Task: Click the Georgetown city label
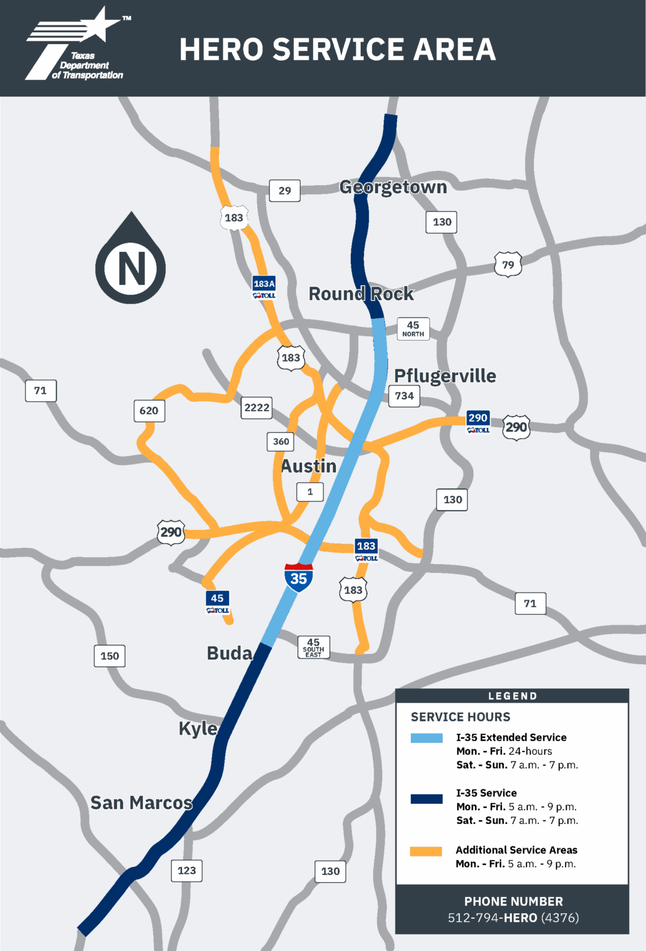(x=393, y=187)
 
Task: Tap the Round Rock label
(x=361, y=293)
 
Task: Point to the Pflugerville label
(x=445, y=376)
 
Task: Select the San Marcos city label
(x=141, y=803)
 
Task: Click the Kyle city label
(x=198, y=729)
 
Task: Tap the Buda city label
(x=230, y=653)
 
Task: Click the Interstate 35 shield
(x=299, y=578)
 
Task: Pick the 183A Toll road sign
(x=264, y=287)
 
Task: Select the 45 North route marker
(x=413, y=328)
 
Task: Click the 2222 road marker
(x=257, y=407)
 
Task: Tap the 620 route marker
(x=149, y=410)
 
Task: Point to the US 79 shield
(x=508, y=264)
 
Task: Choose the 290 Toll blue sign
(x=478, y=422)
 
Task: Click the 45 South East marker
(x=314, y=648)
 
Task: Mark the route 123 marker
(x=187, y=871)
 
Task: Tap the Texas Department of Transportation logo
(x=77, y=46)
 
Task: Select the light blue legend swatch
(x=426, y=738)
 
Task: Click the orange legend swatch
(x=426, y=851)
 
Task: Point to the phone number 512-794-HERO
(x=513, y=918)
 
